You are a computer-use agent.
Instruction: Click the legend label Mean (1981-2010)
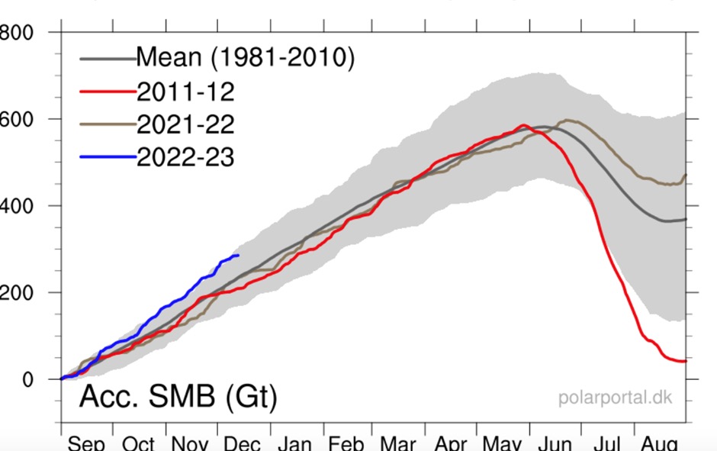tap(245, 58)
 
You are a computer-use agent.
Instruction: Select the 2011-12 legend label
tap(185, 92)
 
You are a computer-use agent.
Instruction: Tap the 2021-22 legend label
tap(185, 124)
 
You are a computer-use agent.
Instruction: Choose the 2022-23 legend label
tap(185, 157)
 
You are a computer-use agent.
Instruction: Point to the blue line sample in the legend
tap(107, 158)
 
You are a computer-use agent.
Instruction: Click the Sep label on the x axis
tap(86, 443)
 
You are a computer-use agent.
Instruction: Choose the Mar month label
tap(399, 443)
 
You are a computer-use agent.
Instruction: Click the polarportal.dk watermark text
tap(616, 398)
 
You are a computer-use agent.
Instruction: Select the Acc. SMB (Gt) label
tap(178, 398)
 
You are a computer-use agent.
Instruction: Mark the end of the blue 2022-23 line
tap(239, 255)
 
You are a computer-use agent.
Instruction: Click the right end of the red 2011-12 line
tap(686, 361)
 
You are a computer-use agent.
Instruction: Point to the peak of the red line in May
tap(523, 125)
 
